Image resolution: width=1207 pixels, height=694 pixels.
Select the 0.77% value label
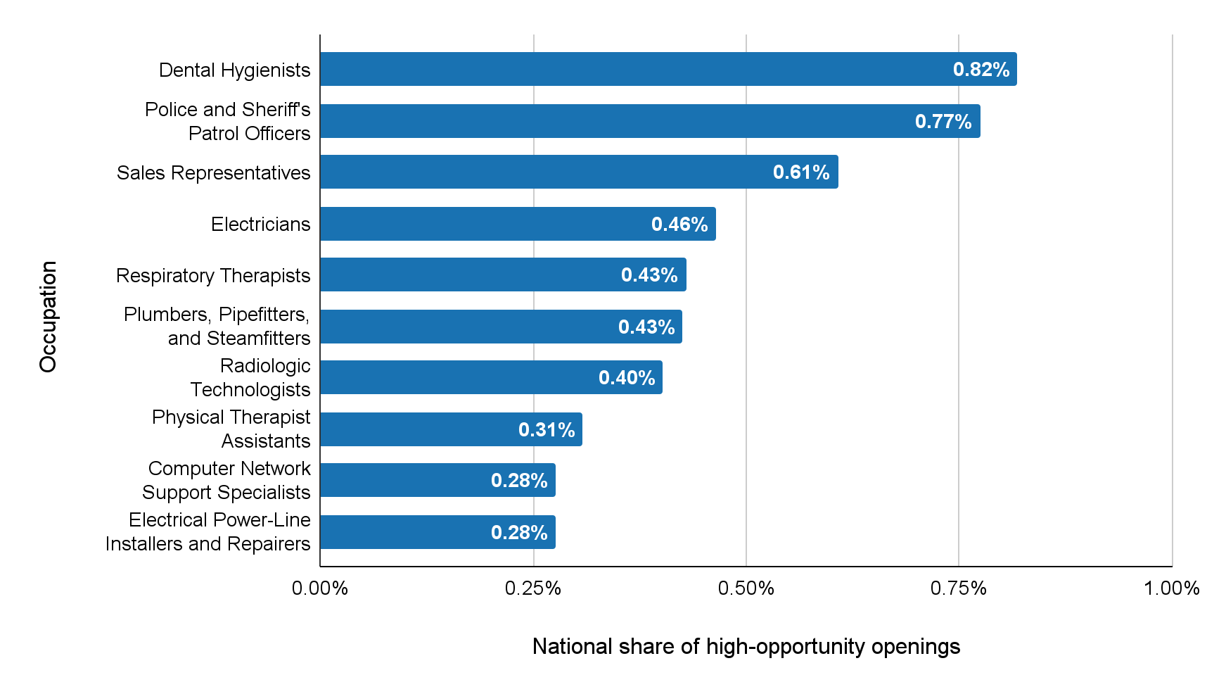coord(943,122)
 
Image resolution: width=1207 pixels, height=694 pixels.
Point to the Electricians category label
coord(260,224)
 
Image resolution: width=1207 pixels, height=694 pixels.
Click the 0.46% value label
coord(679,224)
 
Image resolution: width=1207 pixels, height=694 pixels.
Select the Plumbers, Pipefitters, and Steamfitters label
coord(217,326)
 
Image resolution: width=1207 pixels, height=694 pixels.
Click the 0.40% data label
coord(626,378)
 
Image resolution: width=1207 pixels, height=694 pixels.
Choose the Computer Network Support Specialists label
coord(226,480)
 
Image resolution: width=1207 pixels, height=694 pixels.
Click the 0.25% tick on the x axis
coord(532,588)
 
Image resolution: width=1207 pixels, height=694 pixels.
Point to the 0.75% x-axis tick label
coord(958,588)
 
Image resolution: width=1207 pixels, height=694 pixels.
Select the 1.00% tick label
coord(1171,588)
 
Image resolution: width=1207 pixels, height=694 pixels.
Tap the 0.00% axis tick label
coord(320,588)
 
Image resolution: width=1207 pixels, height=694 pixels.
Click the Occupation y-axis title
coord(48,317)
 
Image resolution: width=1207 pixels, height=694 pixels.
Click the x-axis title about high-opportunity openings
coord(746,646)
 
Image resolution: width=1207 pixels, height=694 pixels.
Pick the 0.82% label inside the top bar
coord(981,70)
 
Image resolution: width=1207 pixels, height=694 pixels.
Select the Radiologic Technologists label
coord(250,377)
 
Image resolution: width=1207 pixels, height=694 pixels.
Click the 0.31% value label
coord(546,429)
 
